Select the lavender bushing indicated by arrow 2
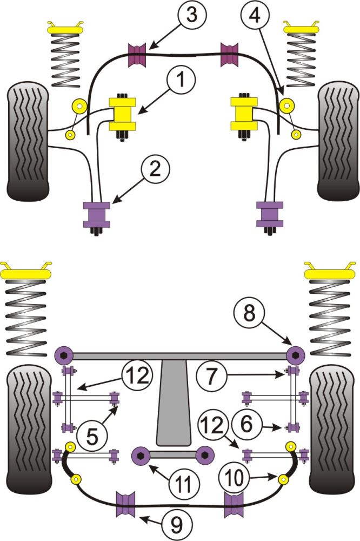tap(97, 214)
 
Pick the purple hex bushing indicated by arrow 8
tap(295, 355)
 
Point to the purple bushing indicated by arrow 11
tap(141, 456)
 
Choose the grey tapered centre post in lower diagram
tap(174, 403)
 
